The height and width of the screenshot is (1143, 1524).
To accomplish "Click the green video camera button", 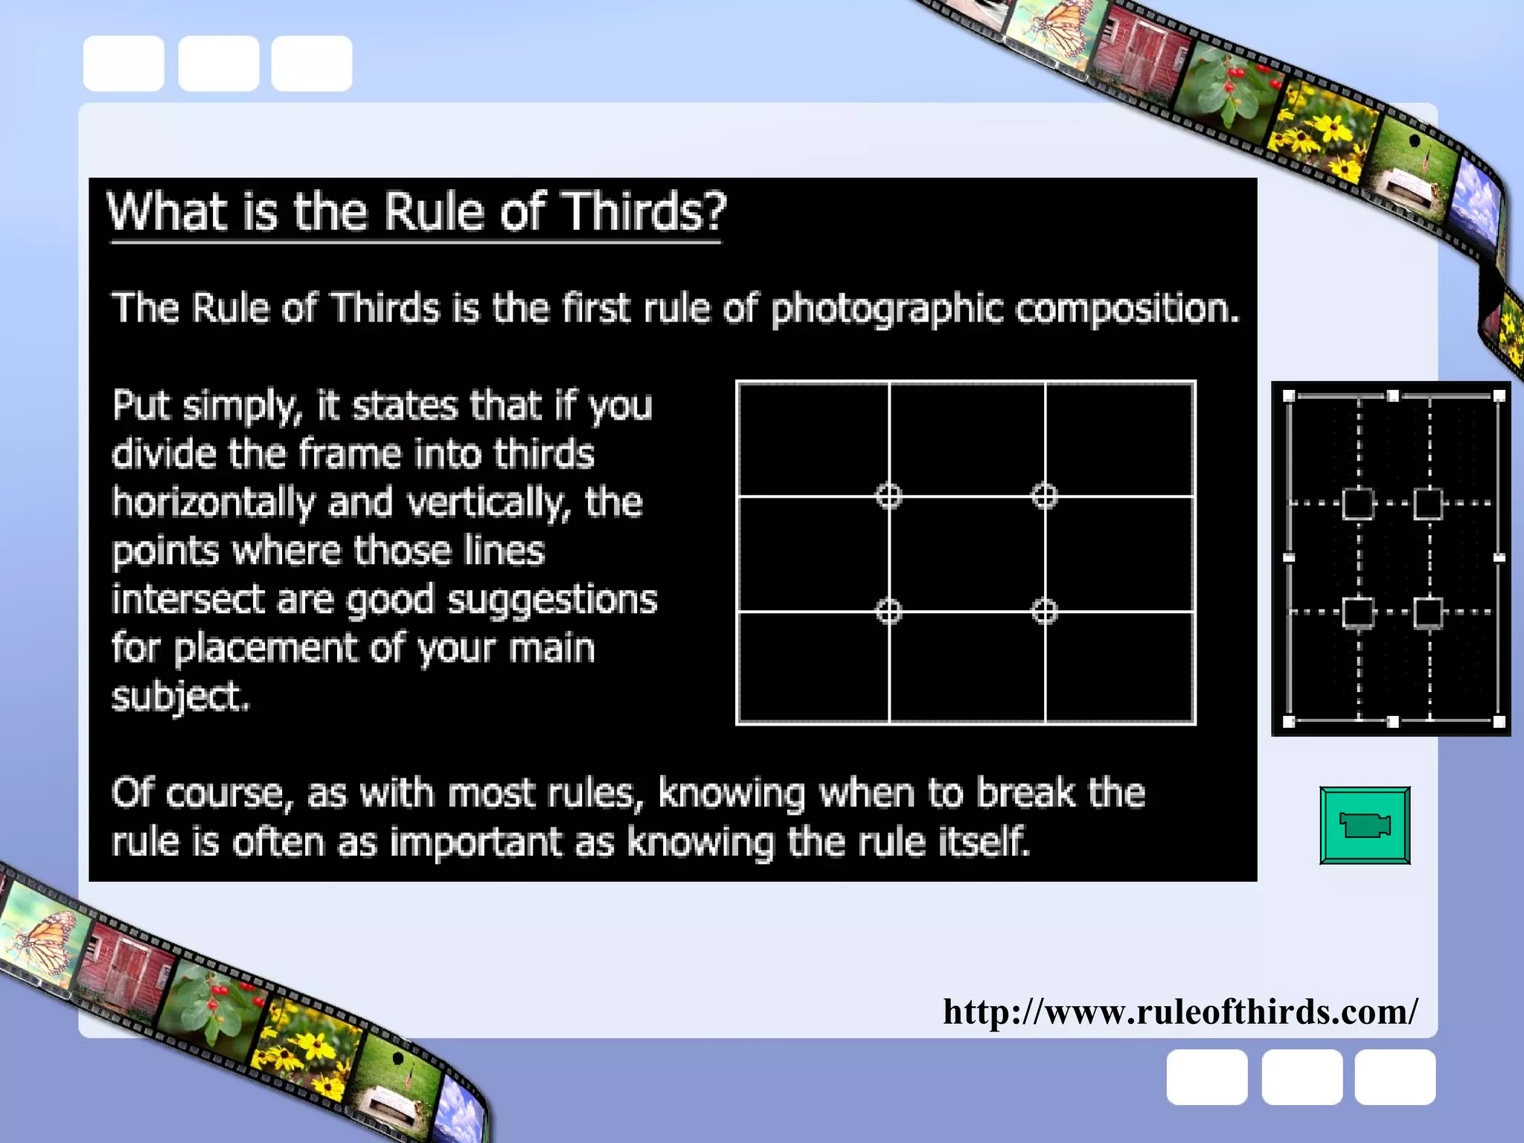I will point(1365,825).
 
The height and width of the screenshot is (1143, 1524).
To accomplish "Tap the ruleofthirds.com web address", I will point(1180,1012).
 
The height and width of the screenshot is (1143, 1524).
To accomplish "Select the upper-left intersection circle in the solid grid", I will point(889,496).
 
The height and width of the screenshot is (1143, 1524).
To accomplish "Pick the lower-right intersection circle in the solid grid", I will point(1045,612).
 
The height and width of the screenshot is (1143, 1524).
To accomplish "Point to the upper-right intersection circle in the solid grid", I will point(1045,496).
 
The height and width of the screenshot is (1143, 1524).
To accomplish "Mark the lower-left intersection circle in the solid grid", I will point(889,612).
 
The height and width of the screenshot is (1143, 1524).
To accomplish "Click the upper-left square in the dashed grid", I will point(1358,504).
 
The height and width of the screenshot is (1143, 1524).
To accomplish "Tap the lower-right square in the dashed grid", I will point(1428,612).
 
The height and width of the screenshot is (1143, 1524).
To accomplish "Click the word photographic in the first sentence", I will point(886,309).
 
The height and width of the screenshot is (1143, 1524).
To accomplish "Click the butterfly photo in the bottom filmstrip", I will point(41,938).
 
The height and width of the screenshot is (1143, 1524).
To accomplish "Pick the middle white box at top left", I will point(218,63).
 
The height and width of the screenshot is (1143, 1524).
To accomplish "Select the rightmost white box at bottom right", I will point(1395,1077).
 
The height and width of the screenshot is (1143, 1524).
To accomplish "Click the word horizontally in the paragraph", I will point(213,502).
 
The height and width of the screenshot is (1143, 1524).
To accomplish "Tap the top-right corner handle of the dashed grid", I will point(1499,396).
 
